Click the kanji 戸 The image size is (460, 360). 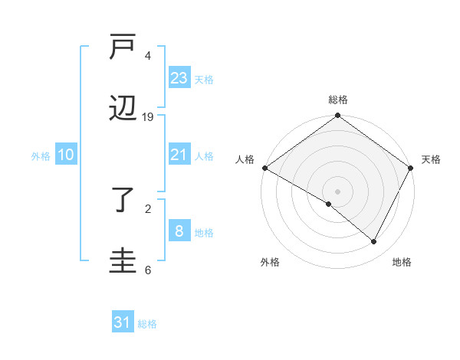pos(123,48)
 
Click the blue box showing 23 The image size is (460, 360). pos(179,78)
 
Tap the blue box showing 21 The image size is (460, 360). pos(179,155)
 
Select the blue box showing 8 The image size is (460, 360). pos(179,231)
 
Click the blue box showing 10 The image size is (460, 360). pos(66,155)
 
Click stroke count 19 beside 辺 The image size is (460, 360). pos(148,117)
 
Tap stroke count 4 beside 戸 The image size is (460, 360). pos(148,56)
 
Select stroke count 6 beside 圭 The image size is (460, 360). pos(148,270)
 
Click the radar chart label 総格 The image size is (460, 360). pos(338,100)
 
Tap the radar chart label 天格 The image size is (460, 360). pos(432,159)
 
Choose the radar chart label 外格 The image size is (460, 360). pos(270,262)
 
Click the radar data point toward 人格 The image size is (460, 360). pos(264,168)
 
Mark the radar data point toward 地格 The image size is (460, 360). pos(374,241)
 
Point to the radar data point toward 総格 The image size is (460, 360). pos(338,116)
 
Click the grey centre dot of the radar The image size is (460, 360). pos(338,191)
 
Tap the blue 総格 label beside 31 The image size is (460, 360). pos(147,324)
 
